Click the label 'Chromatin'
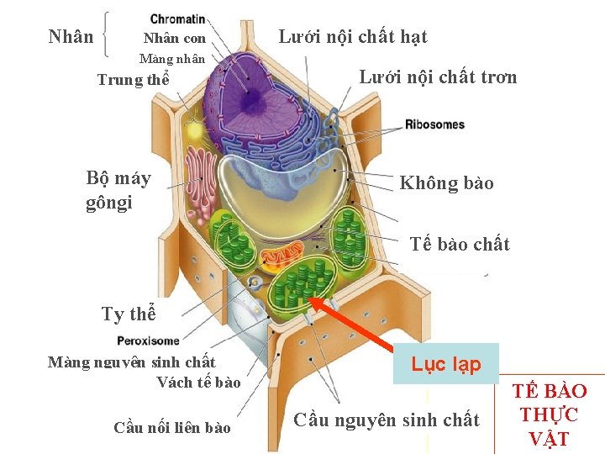pyautogui.click(x=177, y=18)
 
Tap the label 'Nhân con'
pyautogui.click(x=175, y=39)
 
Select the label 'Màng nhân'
pyautogui.click(x=172, y=59)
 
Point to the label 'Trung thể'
pyautogui.click(x=134, y=81)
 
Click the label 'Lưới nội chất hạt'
pyautogui.click(x=353, y=36)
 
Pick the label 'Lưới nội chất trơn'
pyautogui.click(x=438, y=77)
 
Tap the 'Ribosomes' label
pyautogui.click(x=434, y=124)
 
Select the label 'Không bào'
pyautogui.click(x=446, y=183)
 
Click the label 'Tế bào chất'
pyautogui.click(x=460, y=245)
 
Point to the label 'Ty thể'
pyautogui.click(x=129, y=314)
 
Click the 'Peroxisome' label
pyautogui.click(x=149, y=340)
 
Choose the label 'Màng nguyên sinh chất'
pyautogui.click(x=132, y=362)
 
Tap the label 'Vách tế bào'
pyautogui.click(x=198, y=383)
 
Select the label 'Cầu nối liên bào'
pyautogui.click(x=172, y=428)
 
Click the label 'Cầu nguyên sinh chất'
pyautogui.click(x=387, y=420)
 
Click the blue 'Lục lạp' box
pyautogui.click(x=446, y=364)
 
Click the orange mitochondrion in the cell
pyautogui.click(x=282, y=252)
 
